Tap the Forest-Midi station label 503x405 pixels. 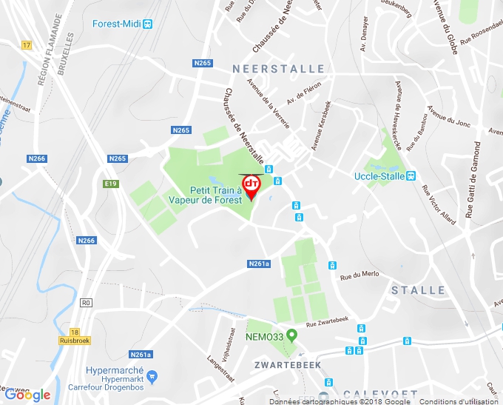coord(116,24)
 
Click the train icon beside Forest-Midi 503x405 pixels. coord(148,24)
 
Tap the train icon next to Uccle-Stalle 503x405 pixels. coord(411,175)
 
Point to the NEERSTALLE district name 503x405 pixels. coord(278,69)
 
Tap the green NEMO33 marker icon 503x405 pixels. coord(291,335)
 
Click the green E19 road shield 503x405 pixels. coord(111,184)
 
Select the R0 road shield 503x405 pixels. coord(86,303)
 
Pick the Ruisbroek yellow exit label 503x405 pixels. coord(74,341)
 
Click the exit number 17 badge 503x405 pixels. coord(27,46)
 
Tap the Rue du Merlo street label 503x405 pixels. coord(359,275)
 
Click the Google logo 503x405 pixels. coord(27,395)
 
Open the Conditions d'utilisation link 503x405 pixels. coord(459,401)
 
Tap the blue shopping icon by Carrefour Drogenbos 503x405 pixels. coord(152,376)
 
